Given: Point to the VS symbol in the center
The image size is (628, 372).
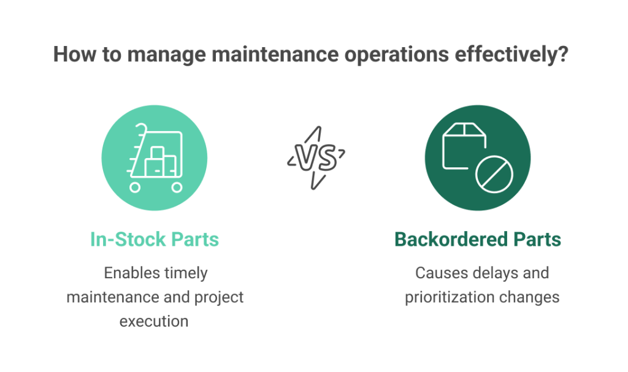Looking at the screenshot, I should (x=315, y=158).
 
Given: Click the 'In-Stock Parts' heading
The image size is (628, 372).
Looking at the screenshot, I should (x=155, y=239).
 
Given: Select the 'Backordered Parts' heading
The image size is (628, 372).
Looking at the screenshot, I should (x=477, y=239).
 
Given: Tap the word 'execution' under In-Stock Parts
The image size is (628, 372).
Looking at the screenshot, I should (x=154, y=321).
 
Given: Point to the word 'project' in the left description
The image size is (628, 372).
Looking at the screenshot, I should (x=220, y=297).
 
